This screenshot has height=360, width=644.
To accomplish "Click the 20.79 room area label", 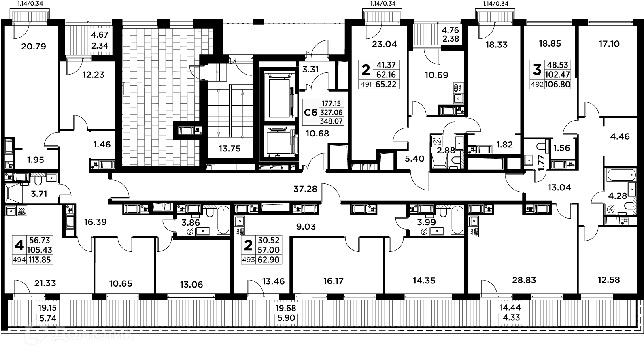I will tap(34, 47).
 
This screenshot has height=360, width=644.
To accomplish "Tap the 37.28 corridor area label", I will tap(306, 188).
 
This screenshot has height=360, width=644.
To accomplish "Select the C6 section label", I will tap(311, 112).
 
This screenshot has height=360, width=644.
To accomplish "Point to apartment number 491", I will tap(366, 84).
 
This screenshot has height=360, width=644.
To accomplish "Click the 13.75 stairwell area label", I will tap(230, 149).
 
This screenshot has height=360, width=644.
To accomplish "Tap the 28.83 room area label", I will tap(524, 280).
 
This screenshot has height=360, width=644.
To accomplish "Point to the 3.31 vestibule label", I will tap(310, 69).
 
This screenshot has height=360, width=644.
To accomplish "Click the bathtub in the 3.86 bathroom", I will tap(223, 220).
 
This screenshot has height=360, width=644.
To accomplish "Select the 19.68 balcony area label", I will tap(286, 308).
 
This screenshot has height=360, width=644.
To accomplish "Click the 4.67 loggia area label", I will tap(100, 35).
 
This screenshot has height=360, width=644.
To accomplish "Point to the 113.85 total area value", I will tap(40, 260).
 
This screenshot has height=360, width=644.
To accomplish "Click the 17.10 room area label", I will tap(609, 44).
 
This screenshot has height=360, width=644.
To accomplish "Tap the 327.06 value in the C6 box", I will tap(331, 113).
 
